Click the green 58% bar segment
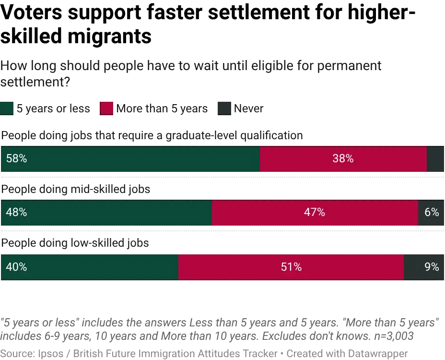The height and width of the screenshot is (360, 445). pyautogui.click(x=130, y=159)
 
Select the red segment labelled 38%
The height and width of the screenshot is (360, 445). pyautogui.click(x=343, y=159)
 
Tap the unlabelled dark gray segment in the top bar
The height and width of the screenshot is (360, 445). pyautogui.click(x=435, y=159)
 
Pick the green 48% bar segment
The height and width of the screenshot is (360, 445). pyautogui.click(x=106, y=213)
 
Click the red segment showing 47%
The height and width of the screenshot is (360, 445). pyautogui.click(x=315, y=213)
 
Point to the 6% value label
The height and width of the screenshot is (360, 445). pyautogui.click(x=432, y=213)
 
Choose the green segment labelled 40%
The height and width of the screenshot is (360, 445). pyautogui.click(x=89, y=267)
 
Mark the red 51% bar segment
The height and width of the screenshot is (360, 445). pyautogui.click(x=291, y=267)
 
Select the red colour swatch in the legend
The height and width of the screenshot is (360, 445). pyautogui.click(x=106, y=108)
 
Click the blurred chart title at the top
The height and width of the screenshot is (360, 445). pyautogui.click(x=192, y=72)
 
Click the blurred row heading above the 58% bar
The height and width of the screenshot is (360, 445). pyautogui.click(x=151, y=136)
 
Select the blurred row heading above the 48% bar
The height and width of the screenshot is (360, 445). pyautogui.click(x=77, y=190)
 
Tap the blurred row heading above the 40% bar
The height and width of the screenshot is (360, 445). pyautogui.click(x=74, y=244)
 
